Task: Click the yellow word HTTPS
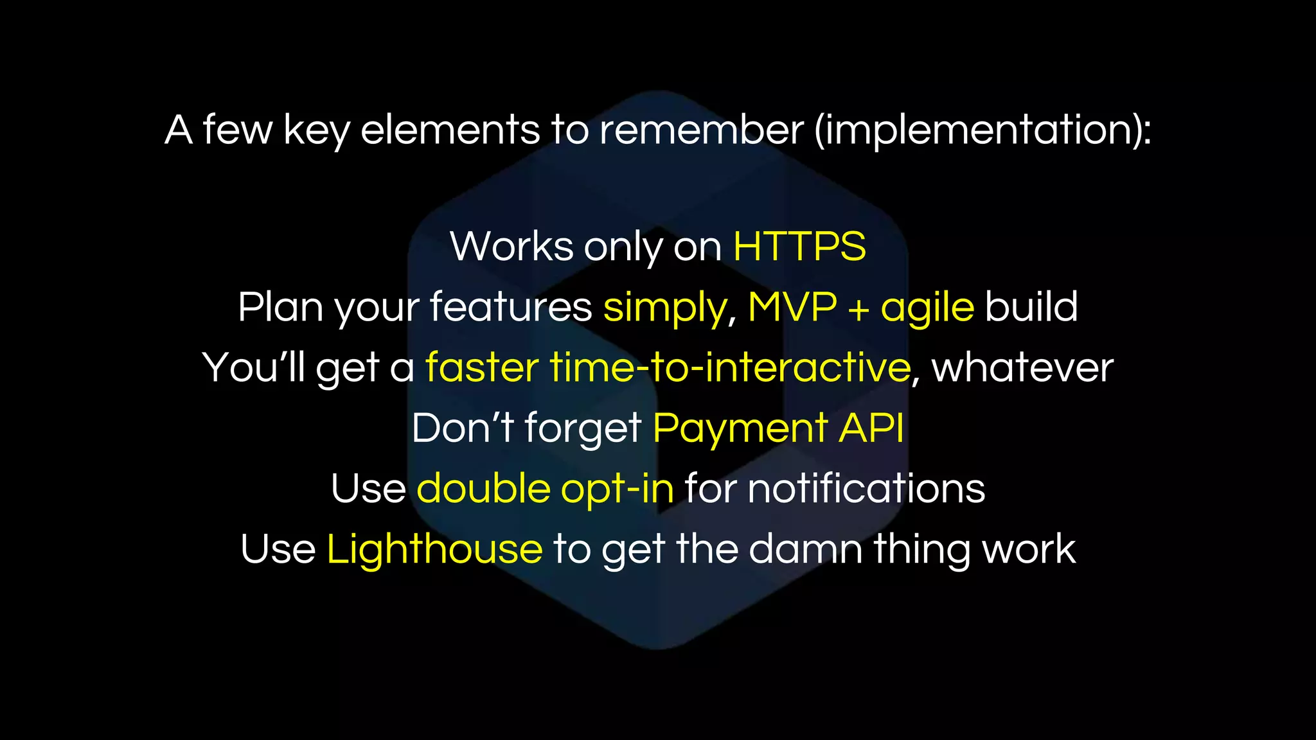799,247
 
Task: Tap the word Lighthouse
434,550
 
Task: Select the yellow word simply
664,308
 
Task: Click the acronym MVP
792,307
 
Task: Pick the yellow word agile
927,308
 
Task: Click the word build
1031,307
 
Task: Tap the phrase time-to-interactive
730,367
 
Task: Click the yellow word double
483,488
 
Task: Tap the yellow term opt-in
617,489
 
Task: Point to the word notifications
866,488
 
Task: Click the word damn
805,550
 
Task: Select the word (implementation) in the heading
983,130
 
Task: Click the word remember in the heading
701,130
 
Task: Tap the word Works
511,247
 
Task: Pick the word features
511,307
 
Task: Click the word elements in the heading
450,130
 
